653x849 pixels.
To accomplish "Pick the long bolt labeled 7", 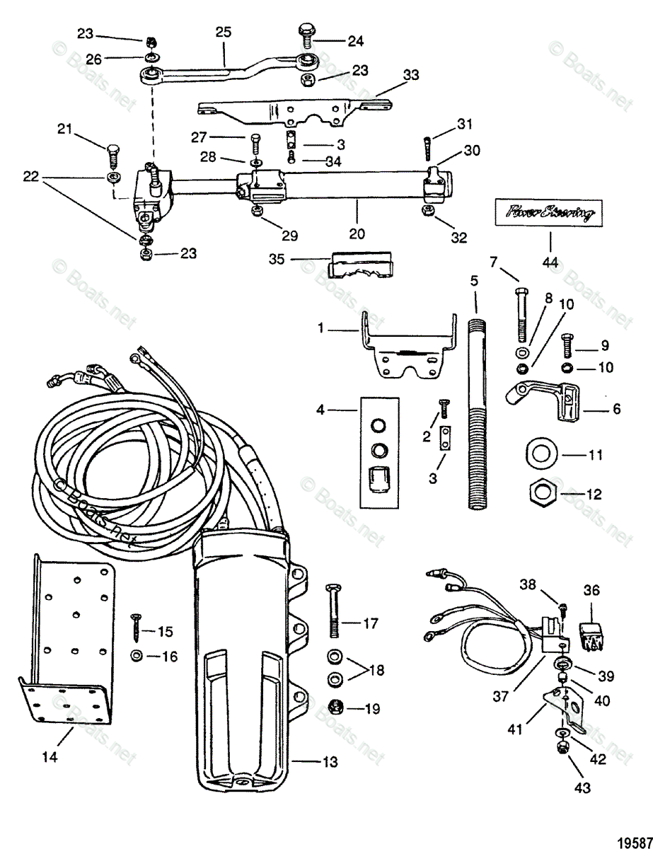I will pos(521,313).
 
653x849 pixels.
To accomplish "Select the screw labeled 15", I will pos(134,626).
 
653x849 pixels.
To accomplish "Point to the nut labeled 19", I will pos(336,705).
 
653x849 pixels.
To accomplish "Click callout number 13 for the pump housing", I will pos(330,762).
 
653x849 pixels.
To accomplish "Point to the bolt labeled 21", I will pos(112,154).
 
